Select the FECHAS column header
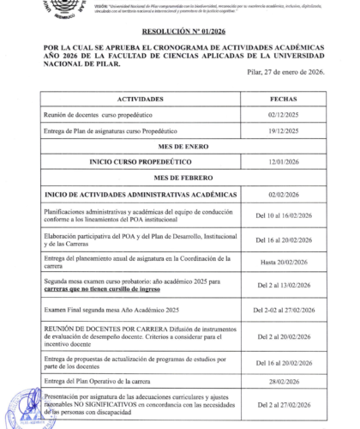[x=283, y=100]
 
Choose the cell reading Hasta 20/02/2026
[x=283, y=262]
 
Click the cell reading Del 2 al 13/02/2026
[x=283, y=285]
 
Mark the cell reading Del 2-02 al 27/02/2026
[x=283, y=309]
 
